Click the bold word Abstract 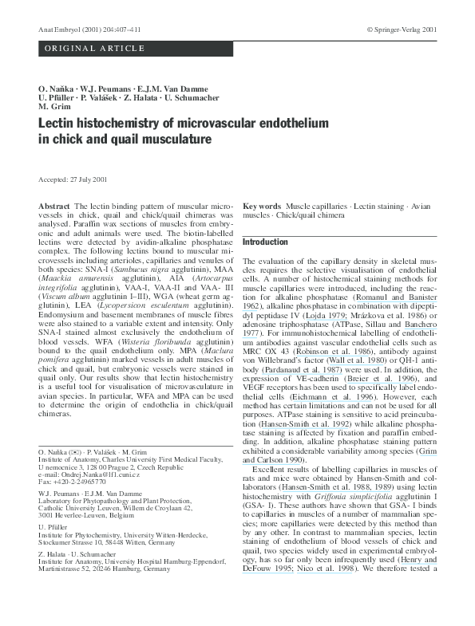click(x=54, y=207)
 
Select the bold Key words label click(x=262, y=207)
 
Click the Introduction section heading click(x=264, y=242)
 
